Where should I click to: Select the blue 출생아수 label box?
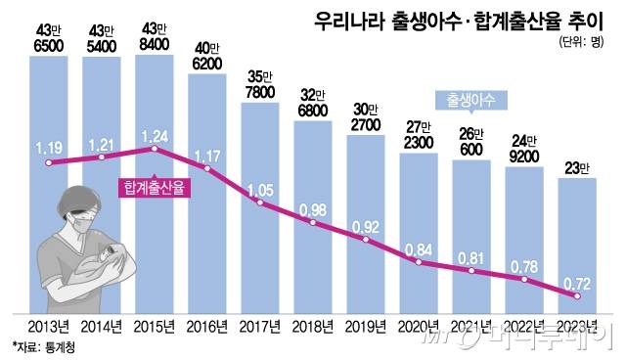coord(468,99)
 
